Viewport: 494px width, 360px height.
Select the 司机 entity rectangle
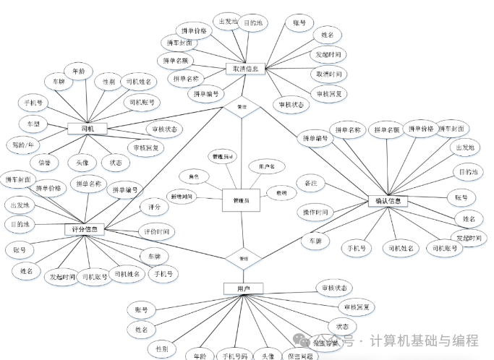pyautogui.click(x=88, y=129)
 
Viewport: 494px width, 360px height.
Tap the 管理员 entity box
pyautogui.click(x=240, y=200)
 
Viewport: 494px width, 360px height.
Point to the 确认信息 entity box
pyautogui.click(x=388, y=200)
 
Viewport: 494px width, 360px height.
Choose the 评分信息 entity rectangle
pyautogui.click(x=85, y=229)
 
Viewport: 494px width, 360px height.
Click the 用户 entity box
pyautogui.click(x=242, y=288)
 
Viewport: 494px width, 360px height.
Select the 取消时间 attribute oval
pyautogui.click(x=328, y=74)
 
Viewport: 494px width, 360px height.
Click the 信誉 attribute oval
pyautogui.click(x=44, y=163)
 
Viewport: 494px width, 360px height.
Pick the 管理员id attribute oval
pyautogui.click(x=223, y=157)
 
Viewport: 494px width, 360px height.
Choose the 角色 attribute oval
pyautogui.click(x=194, y=176)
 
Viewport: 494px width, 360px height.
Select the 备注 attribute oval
pyautogui.click(x=312, y=184)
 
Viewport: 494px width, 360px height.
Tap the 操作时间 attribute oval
pyautogui.click(x=316, y=213)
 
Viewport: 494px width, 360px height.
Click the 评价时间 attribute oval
pyautogui.click(x=156, y=232)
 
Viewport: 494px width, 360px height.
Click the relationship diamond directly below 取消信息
pyautogui.click(x=242, y=106)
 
